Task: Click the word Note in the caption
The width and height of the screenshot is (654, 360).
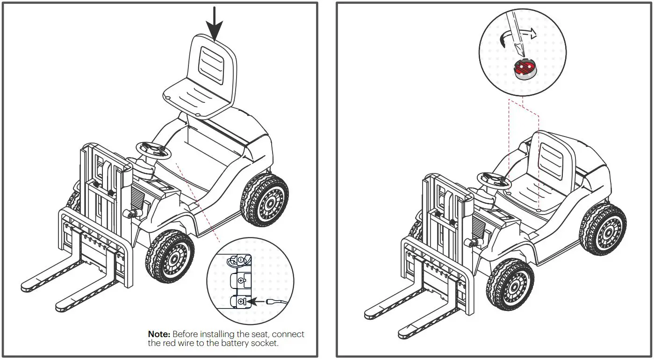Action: pyautogui.click(x=159, y=334)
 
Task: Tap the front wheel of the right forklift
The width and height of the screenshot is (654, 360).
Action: pyautogui.click(x=510, y=286)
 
